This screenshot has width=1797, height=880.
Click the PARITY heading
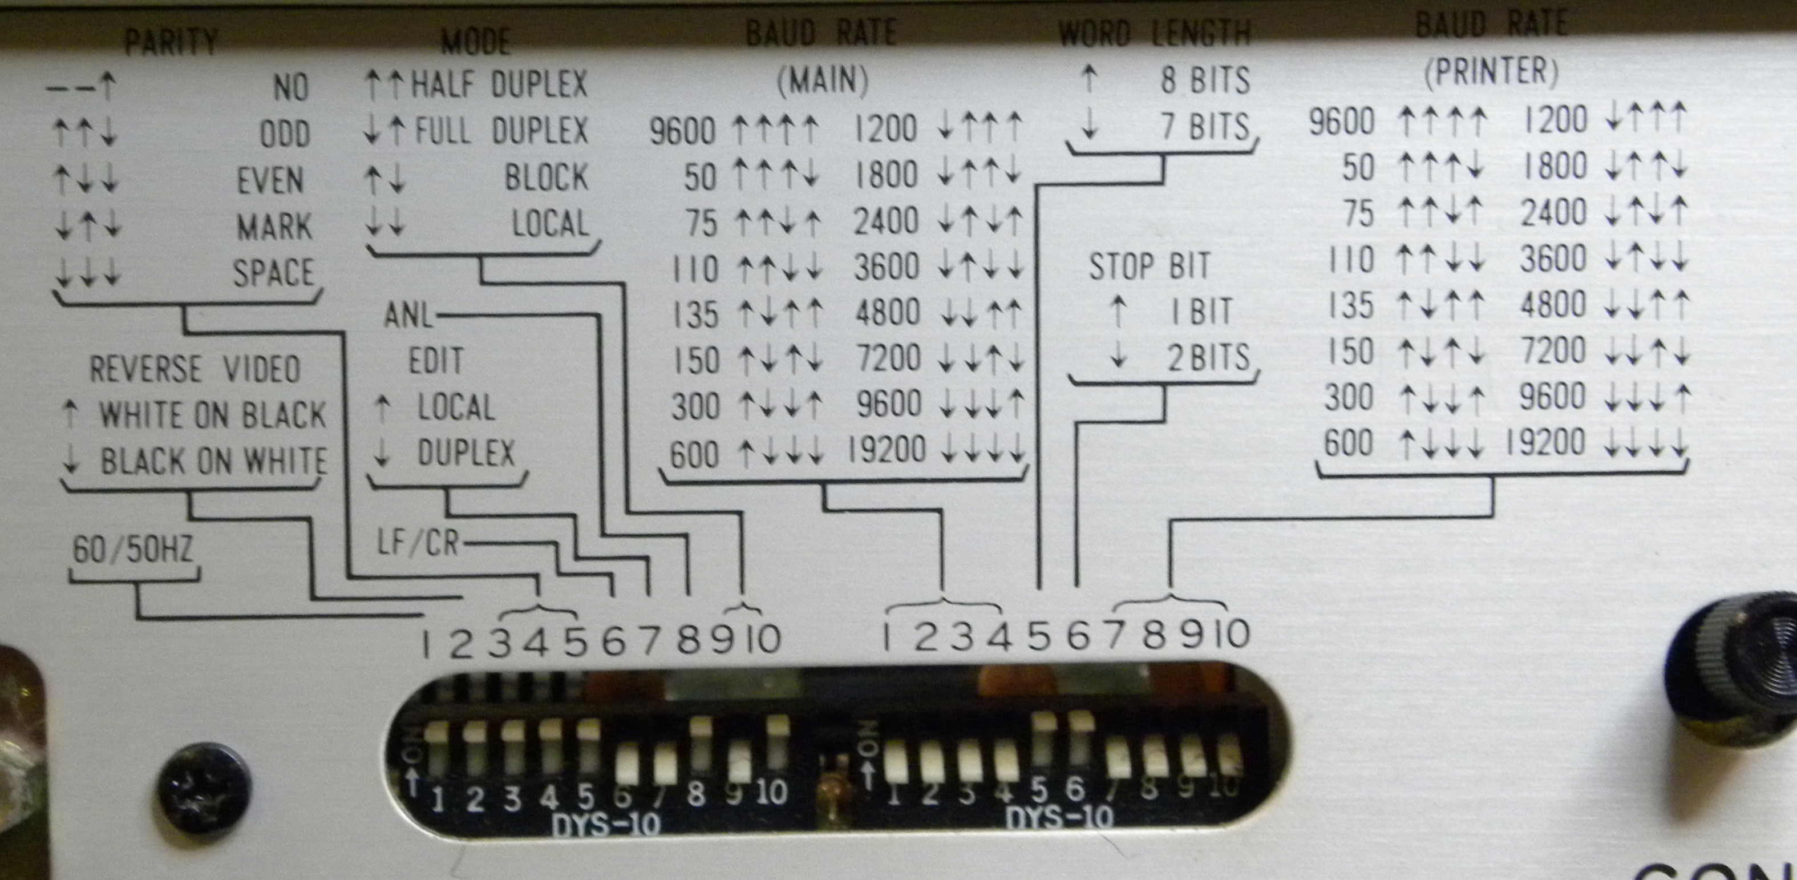tap(171, 42)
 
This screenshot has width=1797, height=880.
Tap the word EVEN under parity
tap(270, 181)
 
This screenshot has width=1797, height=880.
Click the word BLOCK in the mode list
tap(546, 178)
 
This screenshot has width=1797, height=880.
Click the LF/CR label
tap(418, 542)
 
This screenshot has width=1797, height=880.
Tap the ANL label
tap(408, 316)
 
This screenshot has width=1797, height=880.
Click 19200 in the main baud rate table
tap(886, 450)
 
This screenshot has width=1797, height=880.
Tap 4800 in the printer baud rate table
tap(1553, 305)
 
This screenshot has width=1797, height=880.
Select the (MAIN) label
tap(823, 80)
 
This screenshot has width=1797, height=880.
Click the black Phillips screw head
tap(203, 787)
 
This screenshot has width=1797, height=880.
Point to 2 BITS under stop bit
tap(1208, 358)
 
